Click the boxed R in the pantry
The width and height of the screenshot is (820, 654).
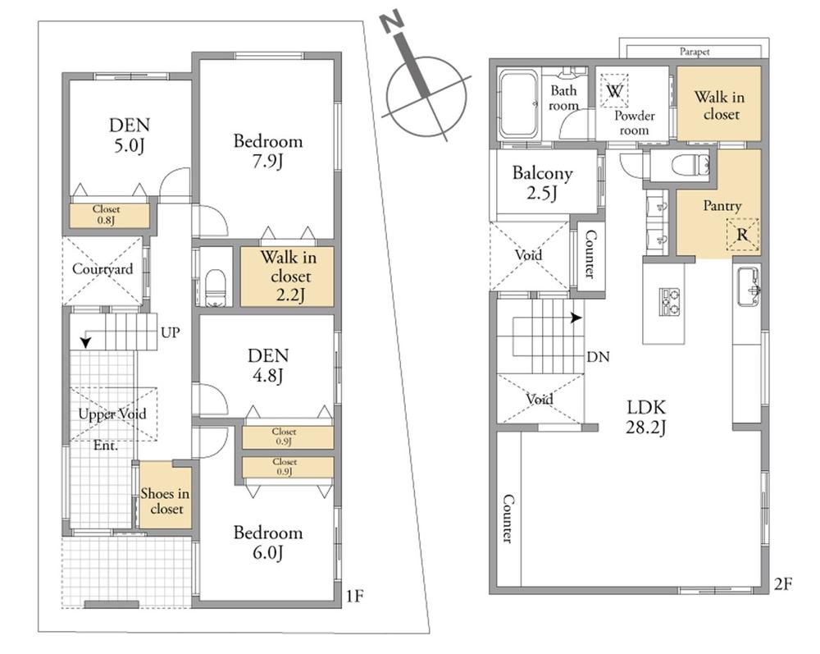pos(743,234)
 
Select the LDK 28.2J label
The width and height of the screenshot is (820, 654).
pos(647,416)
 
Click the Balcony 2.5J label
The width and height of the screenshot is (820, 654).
pos(543,183)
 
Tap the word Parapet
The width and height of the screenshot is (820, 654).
pos(695,51)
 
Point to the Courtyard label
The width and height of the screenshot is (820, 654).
pos(102,269)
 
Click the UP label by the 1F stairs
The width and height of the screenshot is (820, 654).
pos(171,333)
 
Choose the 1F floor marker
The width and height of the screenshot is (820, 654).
pos(353,593)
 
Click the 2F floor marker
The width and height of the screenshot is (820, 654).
pos(783,584)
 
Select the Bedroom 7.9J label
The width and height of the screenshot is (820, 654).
pos(268,150)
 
